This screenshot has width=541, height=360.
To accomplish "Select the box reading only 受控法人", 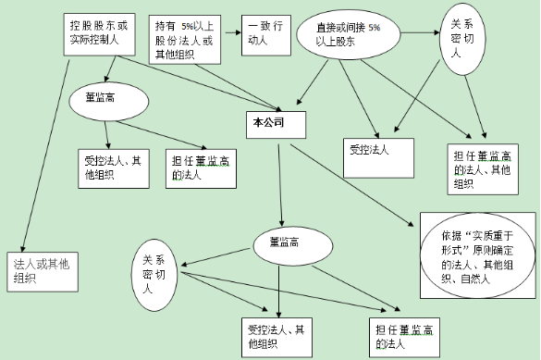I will (369, 148).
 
